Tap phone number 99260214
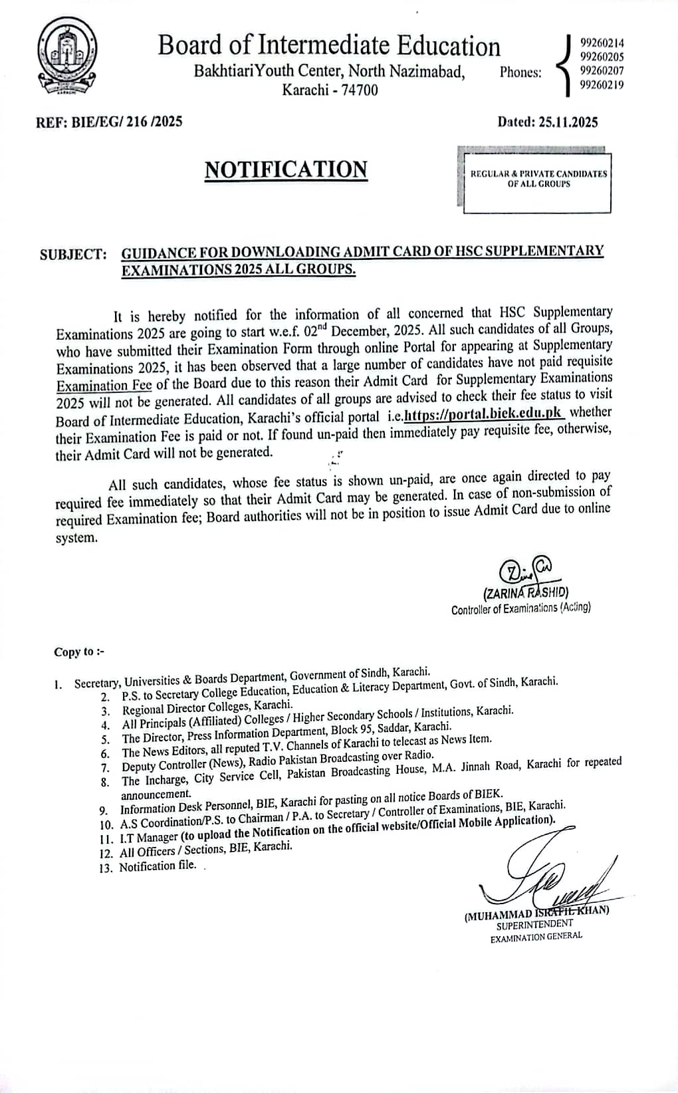coord(602,43)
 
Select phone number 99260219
coord(602,84)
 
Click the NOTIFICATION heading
coord(286,170)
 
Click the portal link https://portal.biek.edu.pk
coord(485,414)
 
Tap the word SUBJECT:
coord(73,255)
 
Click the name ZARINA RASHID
coord(525,592)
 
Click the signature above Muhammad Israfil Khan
coord(545,871)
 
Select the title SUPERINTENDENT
coord(534,923)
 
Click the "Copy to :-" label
coord(79,652)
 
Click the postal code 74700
coord(359,90)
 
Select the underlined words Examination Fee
coord(104,386)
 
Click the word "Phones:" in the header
coord(520,72)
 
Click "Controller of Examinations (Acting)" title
coord(520,608)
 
